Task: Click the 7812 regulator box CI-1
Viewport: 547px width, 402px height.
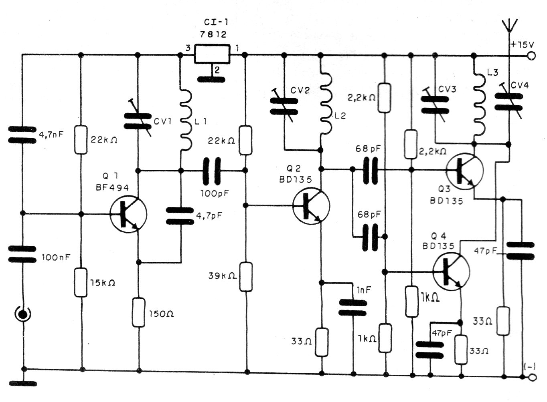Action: (213, 54)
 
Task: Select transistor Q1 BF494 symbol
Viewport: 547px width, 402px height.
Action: (128, 214)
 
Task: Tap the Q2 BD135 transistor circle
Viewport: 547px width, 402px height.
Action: (311, 206)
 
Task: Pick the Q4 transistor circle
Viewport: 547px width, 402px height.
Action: (452, 272)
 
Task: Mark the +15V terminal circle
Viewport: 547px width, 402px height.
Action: (532, 56)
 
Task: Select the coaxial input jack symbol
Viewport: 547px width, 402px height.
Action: (22, 314)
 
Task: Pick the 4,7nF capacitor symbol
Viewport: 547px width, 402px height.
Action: (22, 135)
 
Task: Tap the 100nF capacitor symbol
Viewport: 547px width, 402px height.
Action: (22, 254)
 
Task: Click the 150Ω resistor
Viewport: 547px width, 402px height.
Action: (139, 312)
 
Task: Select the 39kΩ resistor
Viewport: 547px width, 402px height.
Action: (245, 276)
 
